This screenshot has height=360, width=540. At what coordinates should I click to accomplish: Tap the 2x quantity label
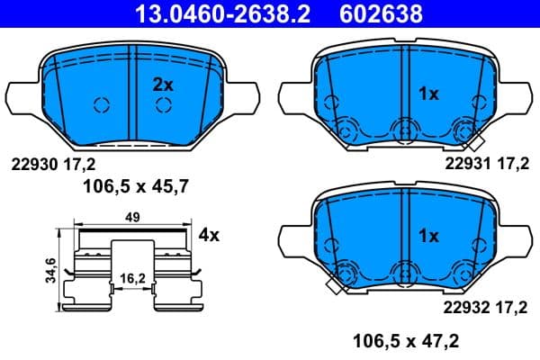pos(162,85)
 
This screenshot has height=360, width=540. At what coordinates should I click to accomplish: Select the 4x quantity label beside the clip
pos(209,236)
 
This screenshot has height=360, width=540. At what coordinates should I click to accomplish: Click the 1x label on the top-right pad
pos(428,93)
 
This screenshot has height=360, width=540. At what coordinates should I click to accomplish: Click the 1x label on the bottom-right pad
pos(428,236)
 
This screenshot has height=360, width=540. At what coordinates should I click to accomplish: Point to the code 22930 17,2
pos(52,163)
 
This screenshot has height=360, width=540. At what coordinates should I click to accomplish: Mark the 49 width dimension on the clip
pos(132,217)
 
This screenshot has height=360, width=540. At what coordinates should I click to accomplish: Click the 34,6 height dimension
pos(51,268)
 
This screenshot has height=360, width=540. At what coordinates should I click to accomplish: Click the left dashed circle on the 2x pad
pos(100,104)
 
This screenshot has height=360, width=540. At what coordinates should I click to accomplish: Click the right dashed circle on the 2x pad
pos(163,105)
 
